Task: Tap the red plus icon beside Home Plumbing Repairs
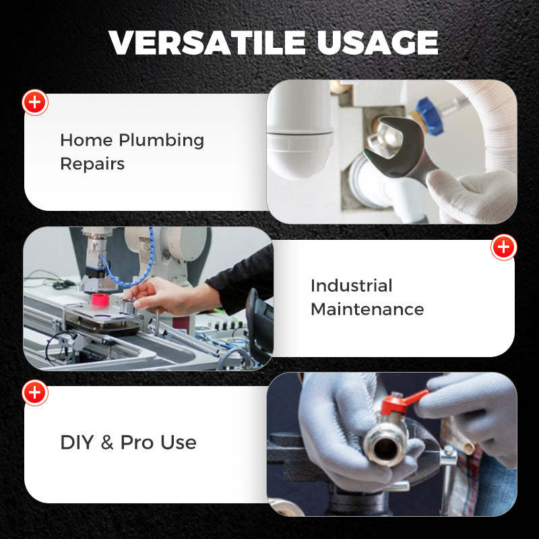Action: click(35, 102)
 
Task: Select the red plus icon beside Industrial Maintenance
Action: click(503, 247)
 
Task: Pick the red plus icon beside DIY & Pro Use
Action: click(35, 392)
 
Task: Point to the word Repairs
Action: click(92, 164)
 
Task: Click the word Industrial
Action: click(351, 286)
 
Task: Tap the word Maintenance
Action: click(367, 309)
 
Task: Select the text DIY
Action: click(76, 443)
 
